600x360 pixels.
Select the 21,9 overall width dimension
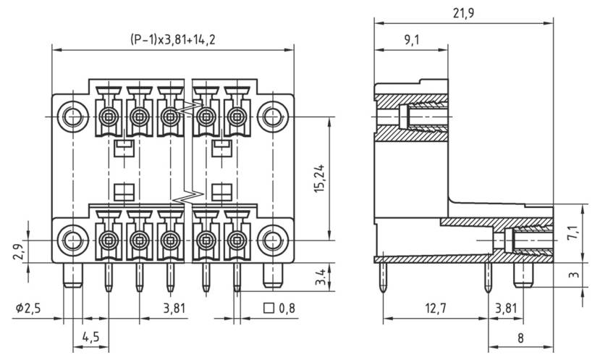463,12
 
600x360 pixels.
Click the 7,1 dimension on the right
572,233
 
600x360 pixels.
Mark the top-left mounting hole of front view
72,116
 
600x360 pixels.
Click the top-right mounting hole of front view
271,116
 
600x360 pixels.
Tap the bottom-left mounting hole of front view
72,239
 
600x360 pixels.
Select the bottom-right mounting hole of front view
271,239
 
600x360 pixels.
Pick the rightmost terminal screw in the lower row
235,239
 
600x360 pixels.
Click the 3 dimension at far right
572,276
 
